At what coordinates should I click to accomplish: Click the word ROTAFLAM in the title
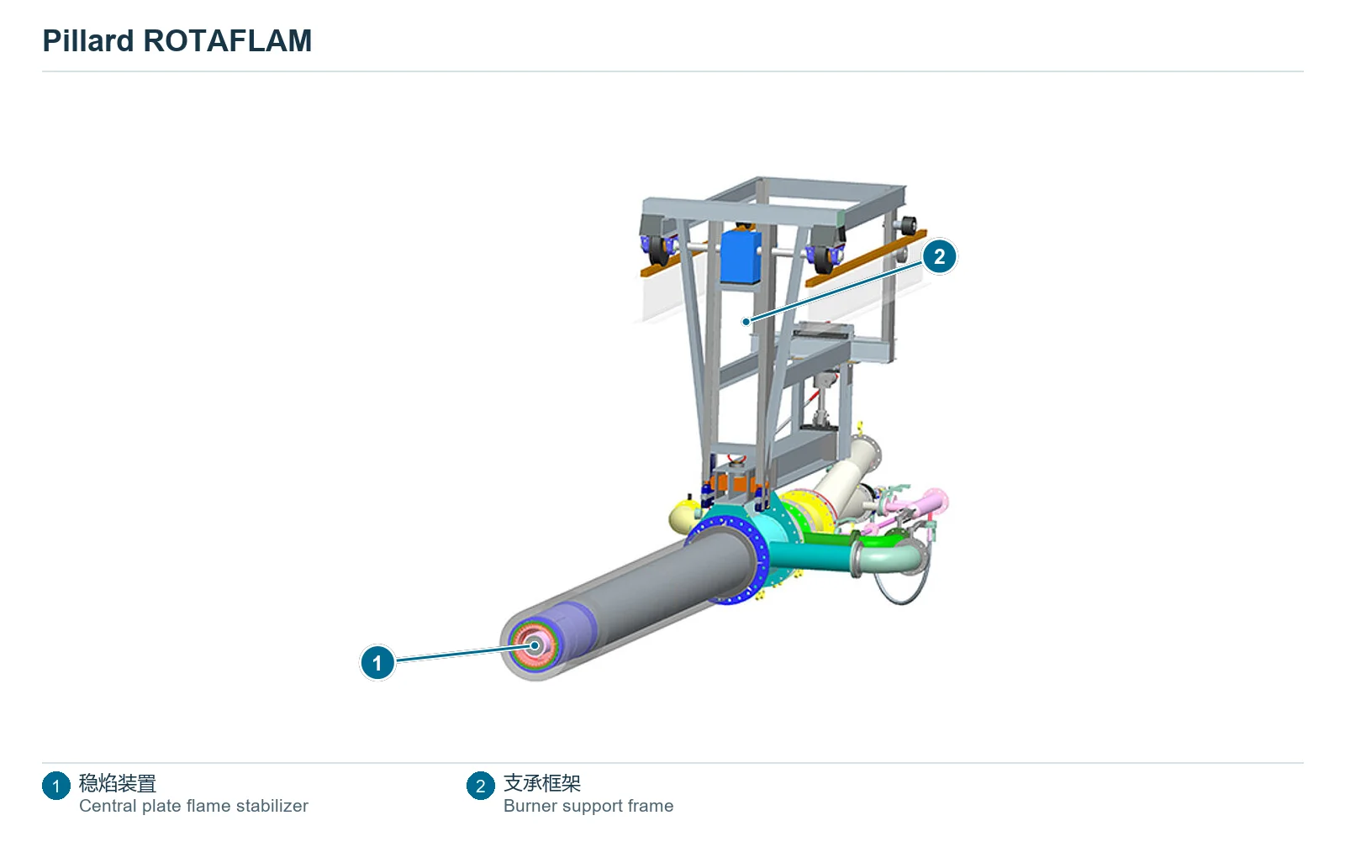tap(228, 41)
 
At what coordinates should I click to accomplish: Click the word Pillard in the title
tap(88, 41)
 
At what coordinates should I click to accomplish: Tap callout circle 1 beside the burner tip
tap(377, 663)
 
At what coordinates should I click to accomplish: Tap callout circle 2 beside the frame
tap(939, 257)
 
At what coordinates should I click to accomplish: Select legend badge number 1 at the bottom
tap(55, 786)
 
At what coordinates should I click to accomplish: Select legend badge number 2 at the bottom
tap(480, 786)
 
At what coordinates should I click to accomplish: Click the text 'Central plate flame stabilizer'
tap(193, 806)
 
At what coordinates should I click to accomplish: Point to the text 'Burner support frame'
tap(588, 806)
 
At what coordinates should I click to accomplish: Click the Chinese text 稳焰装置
tap(118, 783)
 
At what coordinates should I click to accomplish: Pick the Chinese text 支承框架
tap(542, 783)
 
